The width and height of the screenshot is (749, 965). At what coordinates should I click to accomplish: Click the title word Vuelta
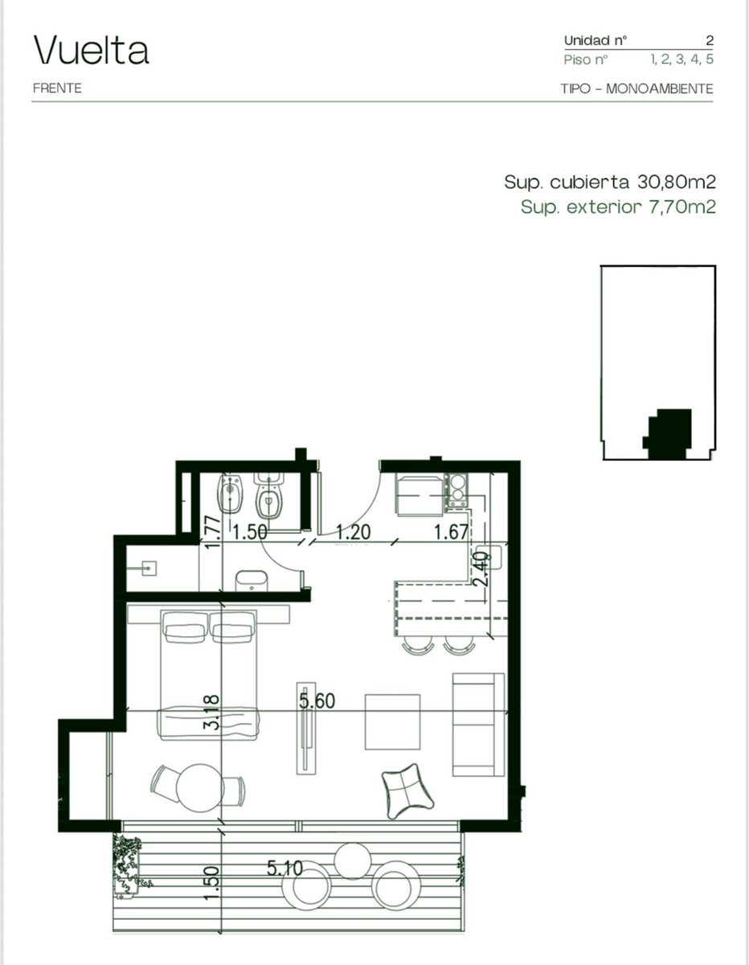click(x=92, y=50)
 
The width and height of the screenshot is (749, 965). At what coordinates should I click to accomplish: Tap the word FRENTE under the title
click(x=57, y=88)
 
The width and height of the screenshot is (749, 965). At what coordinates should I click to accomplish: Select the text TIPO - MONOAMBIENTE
click(x=636, y=88)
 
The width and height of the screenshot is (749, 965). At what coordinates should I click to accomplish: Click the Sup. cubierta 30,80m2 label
click(x=610, y=182)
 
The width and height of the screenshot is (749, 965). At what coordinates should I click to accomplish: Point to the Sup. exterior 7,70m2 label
click(x=618, y=207)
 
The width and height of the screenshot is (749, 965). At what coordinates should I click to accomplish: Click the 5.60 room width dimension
click(x=317, y=700)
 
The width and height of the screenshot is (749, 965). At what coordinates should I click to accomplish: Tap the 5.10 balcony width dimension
click(x=284, y=868)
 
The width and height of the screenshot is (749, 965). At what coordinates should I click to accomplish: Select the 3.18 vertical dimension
click(x=211, y=712)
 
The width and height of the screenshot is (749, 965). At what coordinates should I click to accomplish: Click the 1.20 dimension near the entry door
click(x=353, y=532)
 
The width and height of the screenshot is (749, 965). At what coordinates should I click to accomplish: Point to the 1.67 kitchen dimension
click(x=451, y=532)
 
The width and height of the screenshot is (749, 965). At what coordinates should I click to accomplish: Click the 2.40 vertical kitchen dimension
click(x=481, y=569)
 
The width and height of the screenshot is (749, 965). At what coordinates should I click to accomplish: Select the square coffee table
click(x=392, y=721)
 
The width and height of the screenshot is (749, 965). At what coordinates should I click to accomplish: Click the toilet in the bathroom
click(x=268, y=495)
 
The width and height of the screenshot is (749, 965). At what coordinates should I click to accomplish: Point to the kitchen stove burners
click(x=457, y=490)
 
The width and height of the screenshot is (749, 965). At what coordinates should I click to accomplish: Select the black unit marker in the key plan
click(x=667, y=434)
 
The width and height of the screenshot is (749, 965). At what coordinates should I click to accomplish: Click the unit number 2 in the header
click(x=710, y=41)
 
